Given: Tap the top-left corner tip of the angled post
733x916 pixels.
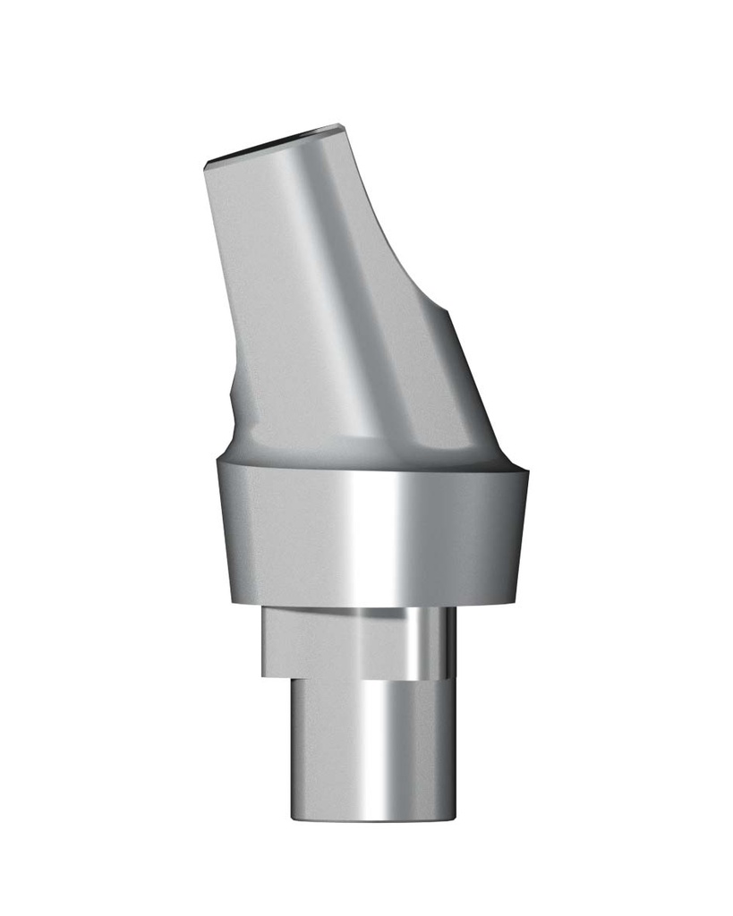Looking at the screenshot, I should (x=206, y=164).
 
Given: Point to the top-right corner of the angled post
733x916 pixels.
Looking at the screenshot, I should (x=341, y=126).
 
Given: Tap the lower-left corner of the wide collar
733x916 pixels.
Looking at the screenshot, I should (x=230, y=601).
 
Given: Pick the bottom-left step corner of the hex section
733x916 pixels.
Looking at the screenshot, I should (x=263, y=674).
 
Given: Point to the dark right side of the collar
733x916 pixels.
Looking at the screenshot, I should (x=488, y=537).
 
